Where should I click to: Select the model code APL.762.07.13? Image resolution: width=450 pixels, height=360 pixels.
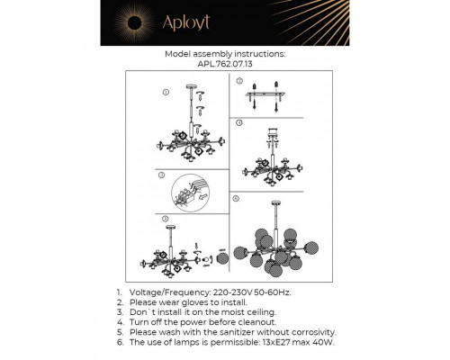(x=225, y=65)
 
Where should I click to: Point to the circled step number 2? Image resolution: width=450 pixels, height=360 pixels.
(x=238, y=81)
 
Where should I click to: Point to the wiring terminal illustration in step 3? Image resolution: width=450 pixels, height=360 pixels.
(x=192, y=192)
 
